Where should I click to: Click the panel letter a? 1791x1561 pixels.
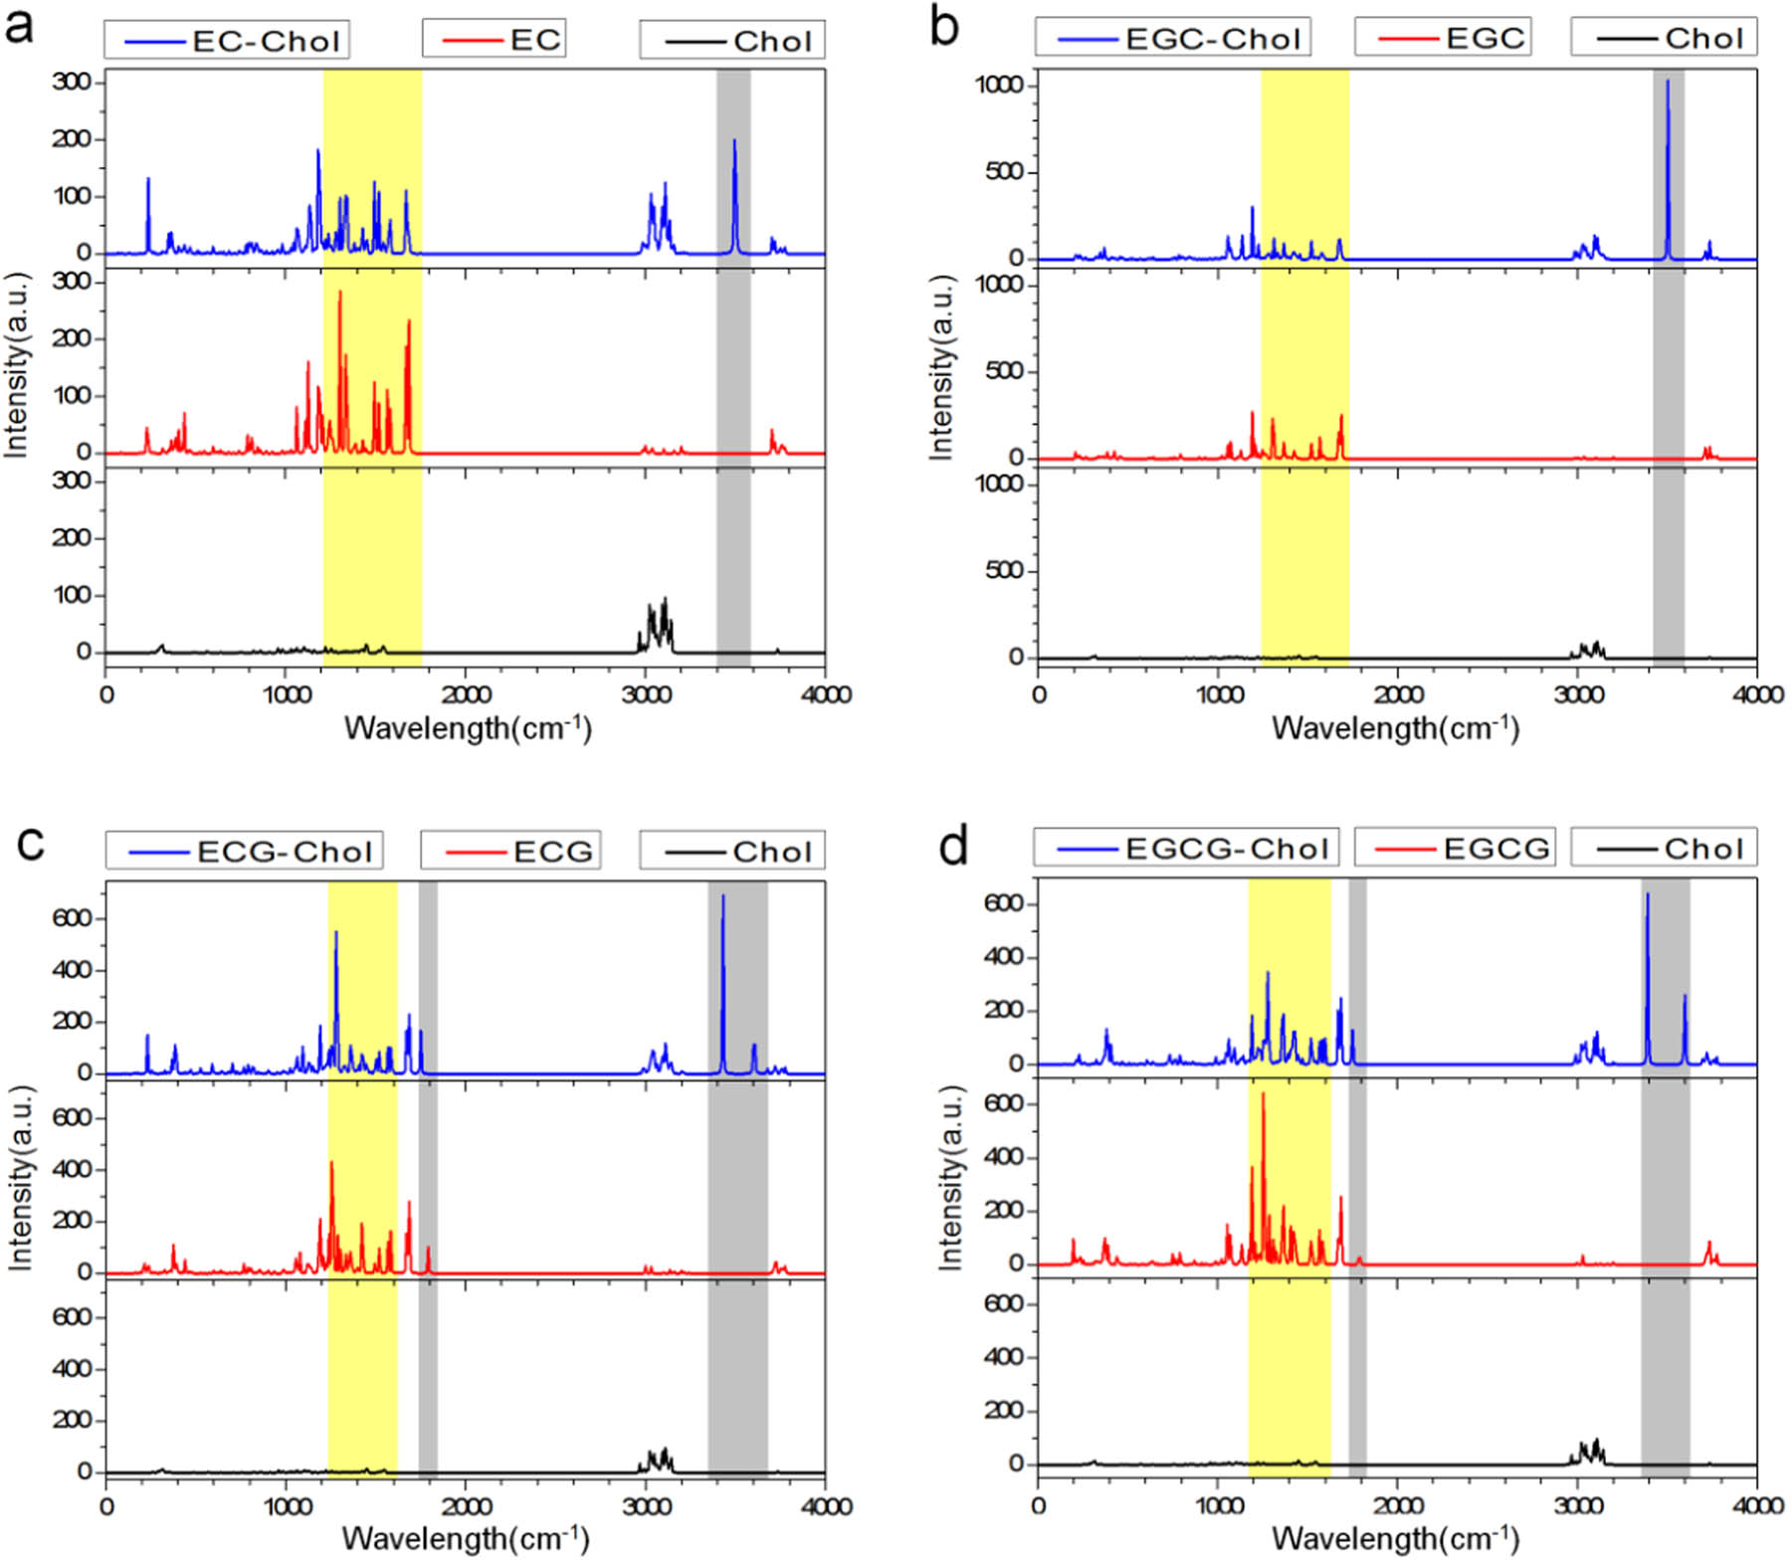(19, 26)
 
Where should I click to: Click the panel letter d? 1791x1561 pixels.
(953, 847)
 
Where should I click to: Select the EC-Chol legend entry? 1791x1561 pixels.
(227, 41)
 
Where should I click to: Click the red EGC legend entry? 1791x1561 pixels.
(1443, 38)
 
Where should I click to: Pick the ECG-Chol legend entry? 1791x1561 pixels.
(245, 852)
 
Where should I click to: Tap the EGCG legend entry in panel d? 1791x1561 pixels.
(1455, 849)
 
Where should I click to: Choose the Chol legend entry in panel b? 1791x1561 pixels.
(1665, 38)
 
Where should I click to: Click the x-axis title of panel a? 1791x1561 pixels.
(468, 728)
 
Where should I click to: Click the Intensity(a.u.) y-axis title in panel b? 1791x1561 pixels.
(940, 368)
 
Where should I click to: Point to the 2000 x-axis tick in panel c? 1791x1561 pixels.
(466, 1505)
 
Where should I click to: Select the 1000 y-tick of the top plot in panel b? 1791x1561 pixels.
(998, 86)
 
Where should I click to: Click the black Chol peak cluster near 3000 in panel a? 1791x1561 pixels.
(655, 625)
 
